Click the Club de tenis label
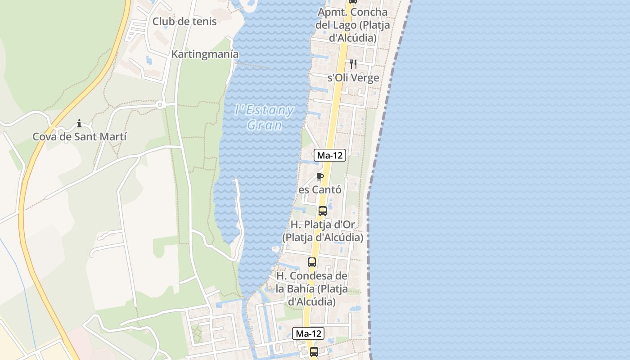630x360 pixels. [184, 21]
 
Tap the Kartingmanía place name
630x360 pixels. [205, 54]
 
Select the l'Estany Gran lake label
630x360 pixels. [265, 117]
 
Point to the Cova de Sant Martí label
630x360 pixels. [80, 137]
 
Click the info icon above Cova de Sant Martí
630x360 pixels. [79, 123]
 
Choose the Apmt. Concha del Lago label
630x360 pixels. [352, 25]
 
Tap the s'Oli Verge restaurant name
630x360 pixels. [353, 78]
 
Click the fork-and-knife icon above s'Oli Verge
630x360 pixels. [353, 64]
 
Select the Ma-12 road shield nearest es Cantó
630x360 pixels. [330, 156]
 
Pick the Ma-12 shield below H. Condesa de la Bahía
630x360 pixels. [308, 333]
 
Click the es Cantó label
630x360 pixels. [320, 190]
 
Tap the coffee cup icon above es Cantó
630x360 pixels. [320, 176]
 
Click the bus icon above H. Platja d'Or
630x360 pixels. [323, 211]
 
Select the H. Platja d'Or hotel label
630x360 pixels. [323, 230]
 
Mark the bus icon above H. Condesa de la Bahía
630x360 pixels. [312, 262]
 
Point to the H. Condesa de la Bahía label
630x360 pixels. [312, 288]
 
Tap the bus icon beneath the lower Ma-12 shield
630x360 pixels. [314, 351]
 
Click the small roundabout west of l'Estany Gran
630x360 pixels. [159, 105]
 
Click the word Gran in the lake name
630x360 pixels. [265, 125]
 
